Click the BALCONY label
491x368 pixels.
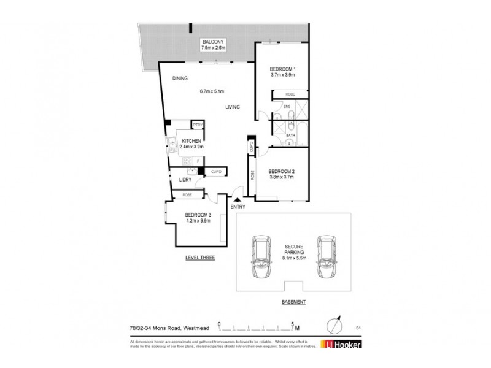point(214,41)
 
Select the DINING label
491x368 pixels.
point(179,79)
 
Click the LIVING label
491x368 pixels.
point(231,107)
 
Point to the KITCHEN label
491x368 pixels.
point(191,141)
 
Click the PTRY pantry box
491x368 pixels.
point(197,125)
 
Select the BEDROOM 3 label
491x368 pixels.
point(198,215)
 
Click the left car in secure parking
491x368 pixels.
point(260,256)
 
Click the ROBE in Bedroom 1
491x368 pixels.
point(292,94)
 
